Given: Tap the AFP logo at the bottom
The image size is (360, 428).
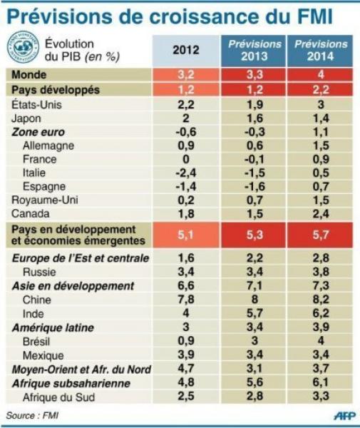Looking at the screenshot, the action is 344,416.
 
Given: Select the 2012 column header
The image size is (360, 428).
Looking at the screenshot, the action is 186,50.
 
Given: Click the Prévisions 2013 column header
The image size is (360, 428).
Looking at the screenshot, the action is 254,50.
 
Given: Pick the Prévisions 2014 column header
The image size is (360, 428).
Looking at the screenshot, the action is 321,50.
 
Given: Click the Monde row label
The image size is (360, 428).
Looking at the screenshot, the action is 29,74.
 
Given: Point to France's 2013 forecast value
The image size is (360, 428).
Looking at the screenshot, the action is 255,159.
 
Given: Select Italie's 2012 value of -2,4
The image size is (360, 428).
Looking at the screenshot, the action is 186,173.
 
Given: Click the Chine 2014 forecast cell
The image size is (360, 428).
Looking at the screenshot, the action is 321,300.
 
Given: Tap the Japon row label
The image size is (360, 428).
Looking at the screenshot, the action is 26,118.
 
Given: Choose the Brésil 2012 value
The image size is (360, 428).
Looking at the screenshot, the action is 186,341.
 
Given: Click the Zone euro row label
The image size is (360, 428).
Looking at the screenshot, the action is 38,132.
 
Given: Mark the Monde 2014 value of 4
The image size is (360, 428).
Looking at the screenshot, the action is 321,74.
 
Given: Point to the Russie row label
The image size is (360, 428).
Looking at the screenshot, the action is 39,272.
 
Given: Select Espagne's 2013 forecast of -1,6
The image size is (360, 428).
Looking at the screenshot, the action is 255,186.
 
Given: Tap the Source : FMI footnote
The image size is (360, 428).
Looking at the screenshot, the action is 32,415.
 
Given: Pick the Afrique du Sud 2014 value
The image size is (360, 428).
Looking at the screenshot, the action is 321,396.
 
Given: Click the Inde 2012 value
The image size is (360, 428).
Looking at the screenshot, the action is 186,313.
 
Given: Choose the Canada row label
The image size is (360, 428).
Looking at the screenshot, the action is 31,214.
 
